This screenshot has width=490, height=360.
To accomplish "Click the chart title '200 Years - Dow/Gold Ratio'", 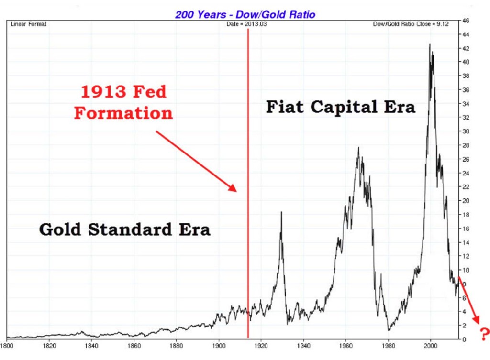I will pos(245,14).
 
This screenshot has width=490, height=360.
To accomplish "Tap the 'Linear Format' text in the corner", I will pos(29,24).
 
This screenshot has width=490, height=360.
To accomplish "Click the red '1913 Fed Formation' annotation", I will pos(123,102).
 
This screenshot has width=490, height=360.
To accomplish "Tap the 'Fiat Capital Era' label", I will pos(340,107).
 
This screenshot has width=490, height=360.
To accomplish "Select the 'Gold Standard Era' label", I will pos(124,229).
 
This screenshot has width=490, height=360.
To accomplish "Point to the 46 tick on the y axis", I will pos(465,21).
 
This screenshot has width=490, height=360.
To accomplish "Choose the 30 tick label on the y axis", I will pos(465,131).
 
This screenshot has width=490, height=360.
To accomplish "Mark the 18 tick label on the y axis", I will pos(465,215).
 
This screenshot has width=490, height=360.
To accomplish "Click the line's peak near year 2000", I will pos(430,44).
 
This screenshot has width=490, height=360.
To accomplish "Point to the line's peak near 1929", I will pos(281,212).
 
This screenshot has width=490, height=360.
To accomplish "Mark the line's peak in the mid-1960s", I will pos(358,149).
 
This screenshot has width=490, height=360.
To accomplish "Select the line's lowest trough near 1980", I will pos(389,330).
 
